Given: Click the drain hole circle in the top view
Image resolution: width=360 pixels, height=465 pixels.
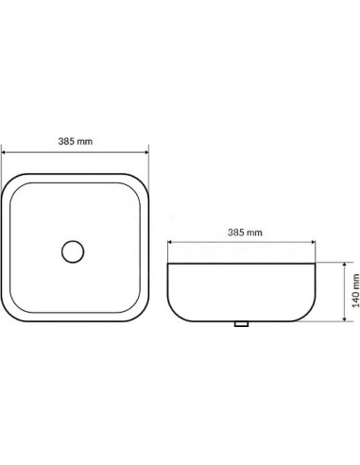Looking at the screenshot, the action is pos(73,251).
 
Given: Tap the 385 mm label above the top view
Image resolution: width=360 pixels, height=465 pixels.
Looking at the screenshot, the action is pos(76,141).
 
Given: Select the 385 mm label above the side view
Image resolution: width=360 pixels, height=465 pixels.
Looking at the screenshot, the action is pos(245,232).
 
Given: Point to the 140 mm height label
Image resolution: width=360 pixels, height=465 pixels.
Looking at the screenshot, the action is pos(355,290).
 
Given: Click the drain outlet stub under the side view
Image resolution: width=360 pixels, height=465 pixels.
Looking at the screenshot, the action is pos(242,323).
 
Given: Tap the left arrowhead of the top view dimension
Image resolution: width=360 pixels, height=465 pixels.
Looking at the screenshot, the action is pos(4,152).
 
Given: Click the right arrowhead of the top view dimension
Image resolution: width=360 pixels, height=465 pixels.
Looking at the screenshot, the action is pos(146,152).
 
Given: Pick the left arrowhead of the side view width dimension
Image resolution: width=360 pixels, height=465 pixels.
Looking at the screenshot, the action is pos(170,242).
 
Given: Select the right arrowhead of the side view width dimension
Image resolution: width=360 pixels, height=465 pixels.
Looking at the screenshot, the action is pos(313,242).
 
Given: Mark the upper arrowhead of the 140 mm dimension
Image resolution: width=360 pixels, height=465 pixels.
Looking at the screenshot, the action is pos(345,265).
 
